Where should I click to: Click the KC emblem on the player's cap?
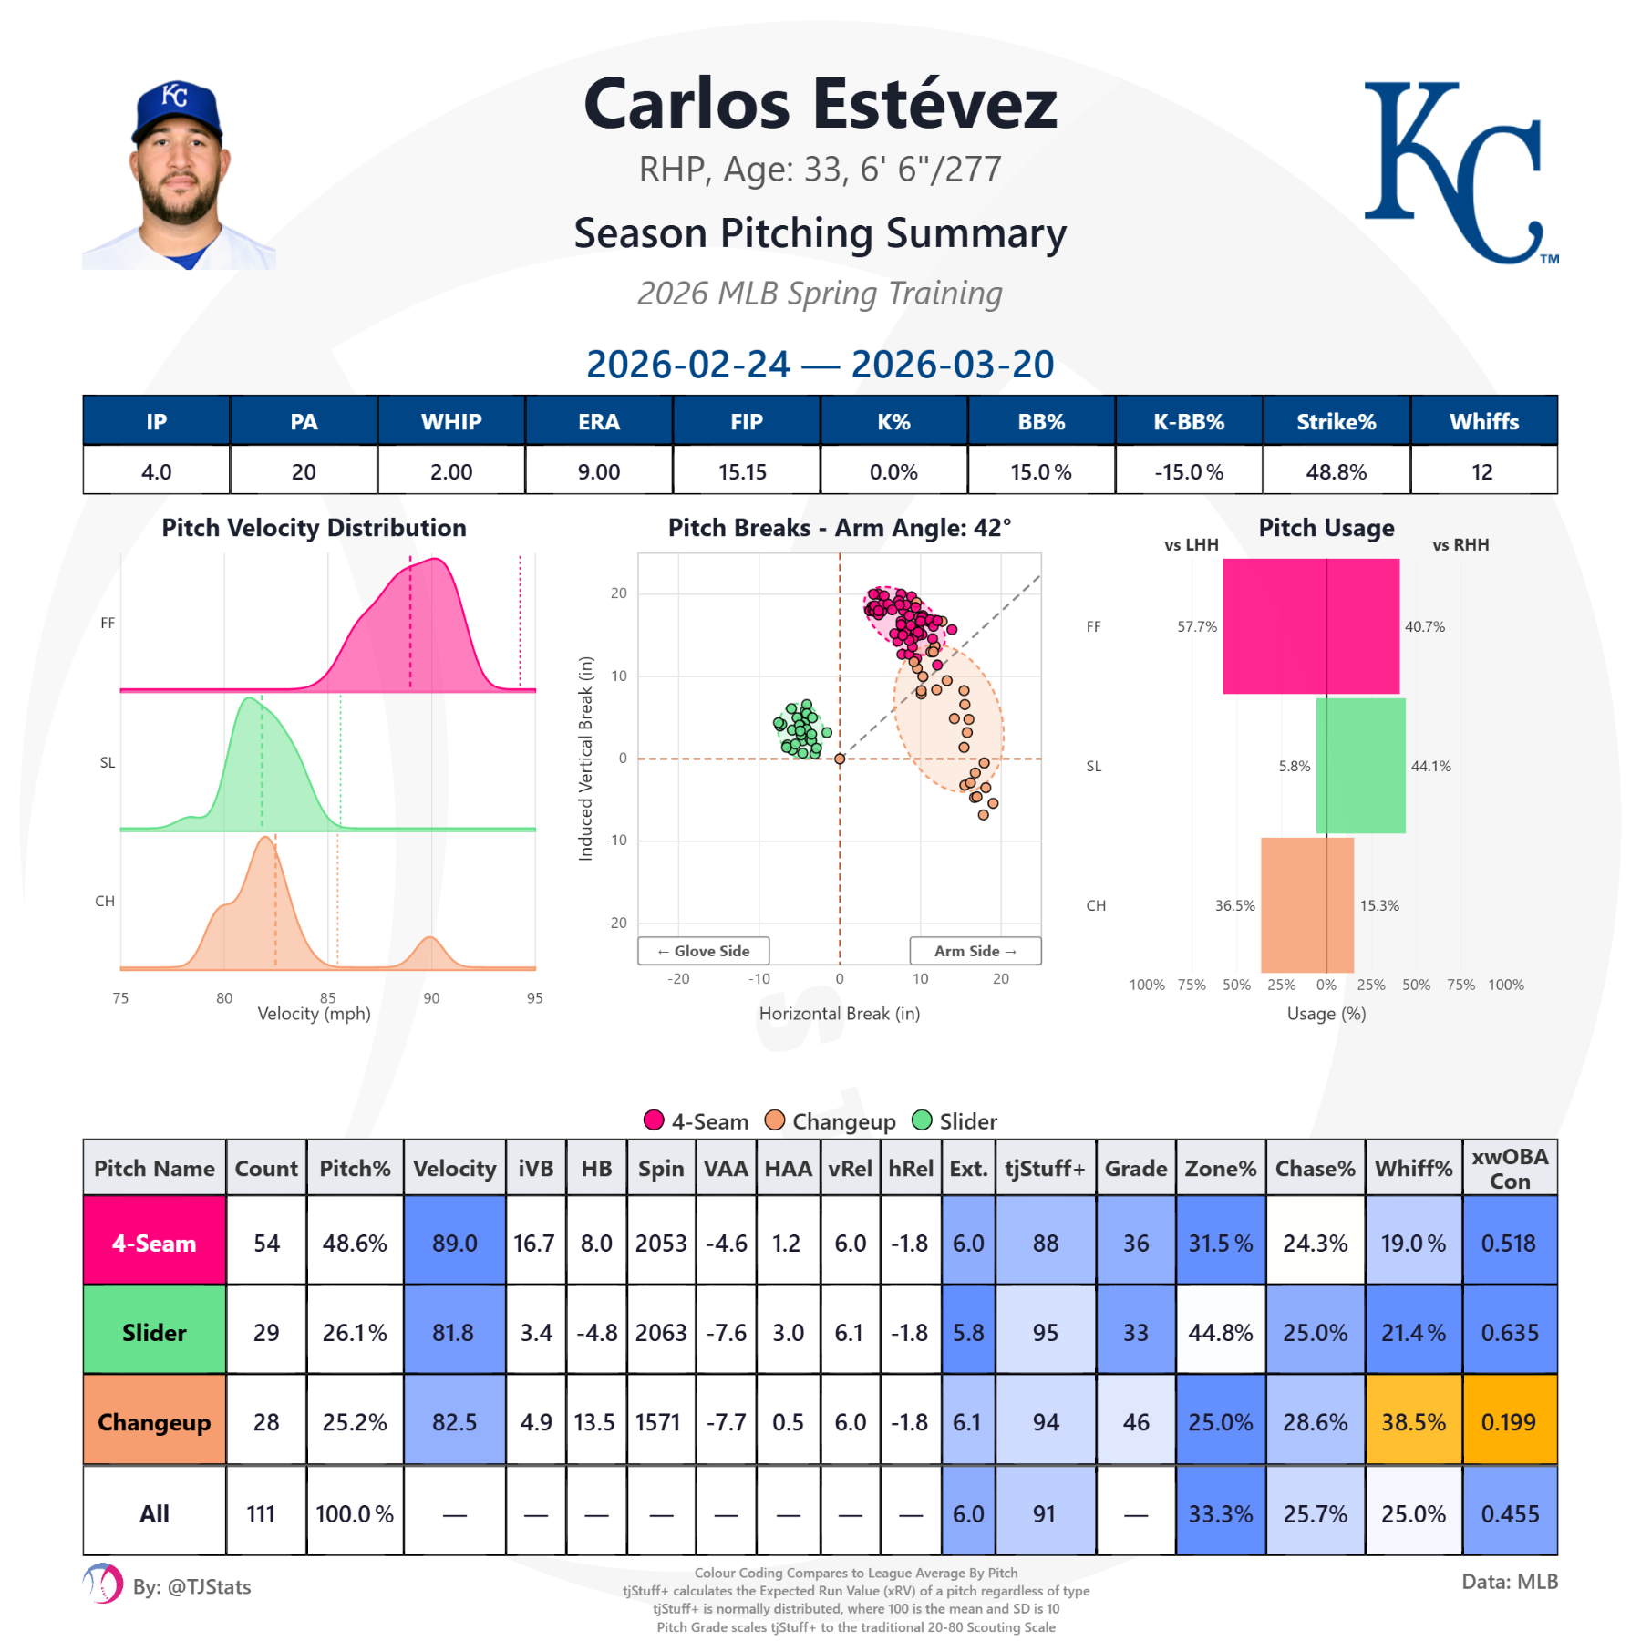pyautogui.click(x=174, y=95)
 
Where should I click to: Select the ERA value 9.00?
pyautogui.click(x=598, y=471)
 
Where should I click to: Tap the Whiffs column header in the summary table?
pyautogui.click(x=1483, y=421)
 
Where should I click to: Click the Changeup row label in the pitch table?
pyautogui.click(x=154, y=1421)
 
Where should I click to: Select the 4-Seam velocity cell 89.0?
pyautogui.click(x=454, y=1243)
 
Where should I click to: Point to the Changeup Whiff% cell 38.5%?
pyautogui.click(x=1412, y=1421)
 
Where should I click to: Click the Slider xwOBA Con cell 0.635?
pyautogui.click(x=1509, y=1332)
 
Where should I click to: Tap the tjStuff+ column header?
pyautogui.click(x=1045, y=1168)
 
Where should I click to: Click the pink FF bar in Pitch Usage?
pyautogui.click(x=1310, y=626)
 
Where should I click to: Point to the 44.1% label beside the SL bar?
pyautogui.click(x=1430, y=766)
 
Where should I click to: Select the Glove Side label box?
pyautogui.click(x=703, y=950)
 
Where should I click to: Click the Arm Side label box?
pyautogui.click(x=975, y=950)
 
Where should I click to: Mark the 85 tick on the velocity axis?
pyautogui.click(x=327, y=997)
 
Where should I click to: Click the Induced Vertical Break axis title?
pyautogui.click(x=585, y=758)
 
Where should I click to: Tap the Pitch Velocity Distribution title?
pyautogui.click(x=314, y=527)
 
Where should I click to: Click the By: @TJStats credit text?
pyautogui.click(x=191, y=1586)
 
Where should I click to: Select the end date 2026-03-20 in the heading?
pyautogui.click(x=952, y=364)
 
